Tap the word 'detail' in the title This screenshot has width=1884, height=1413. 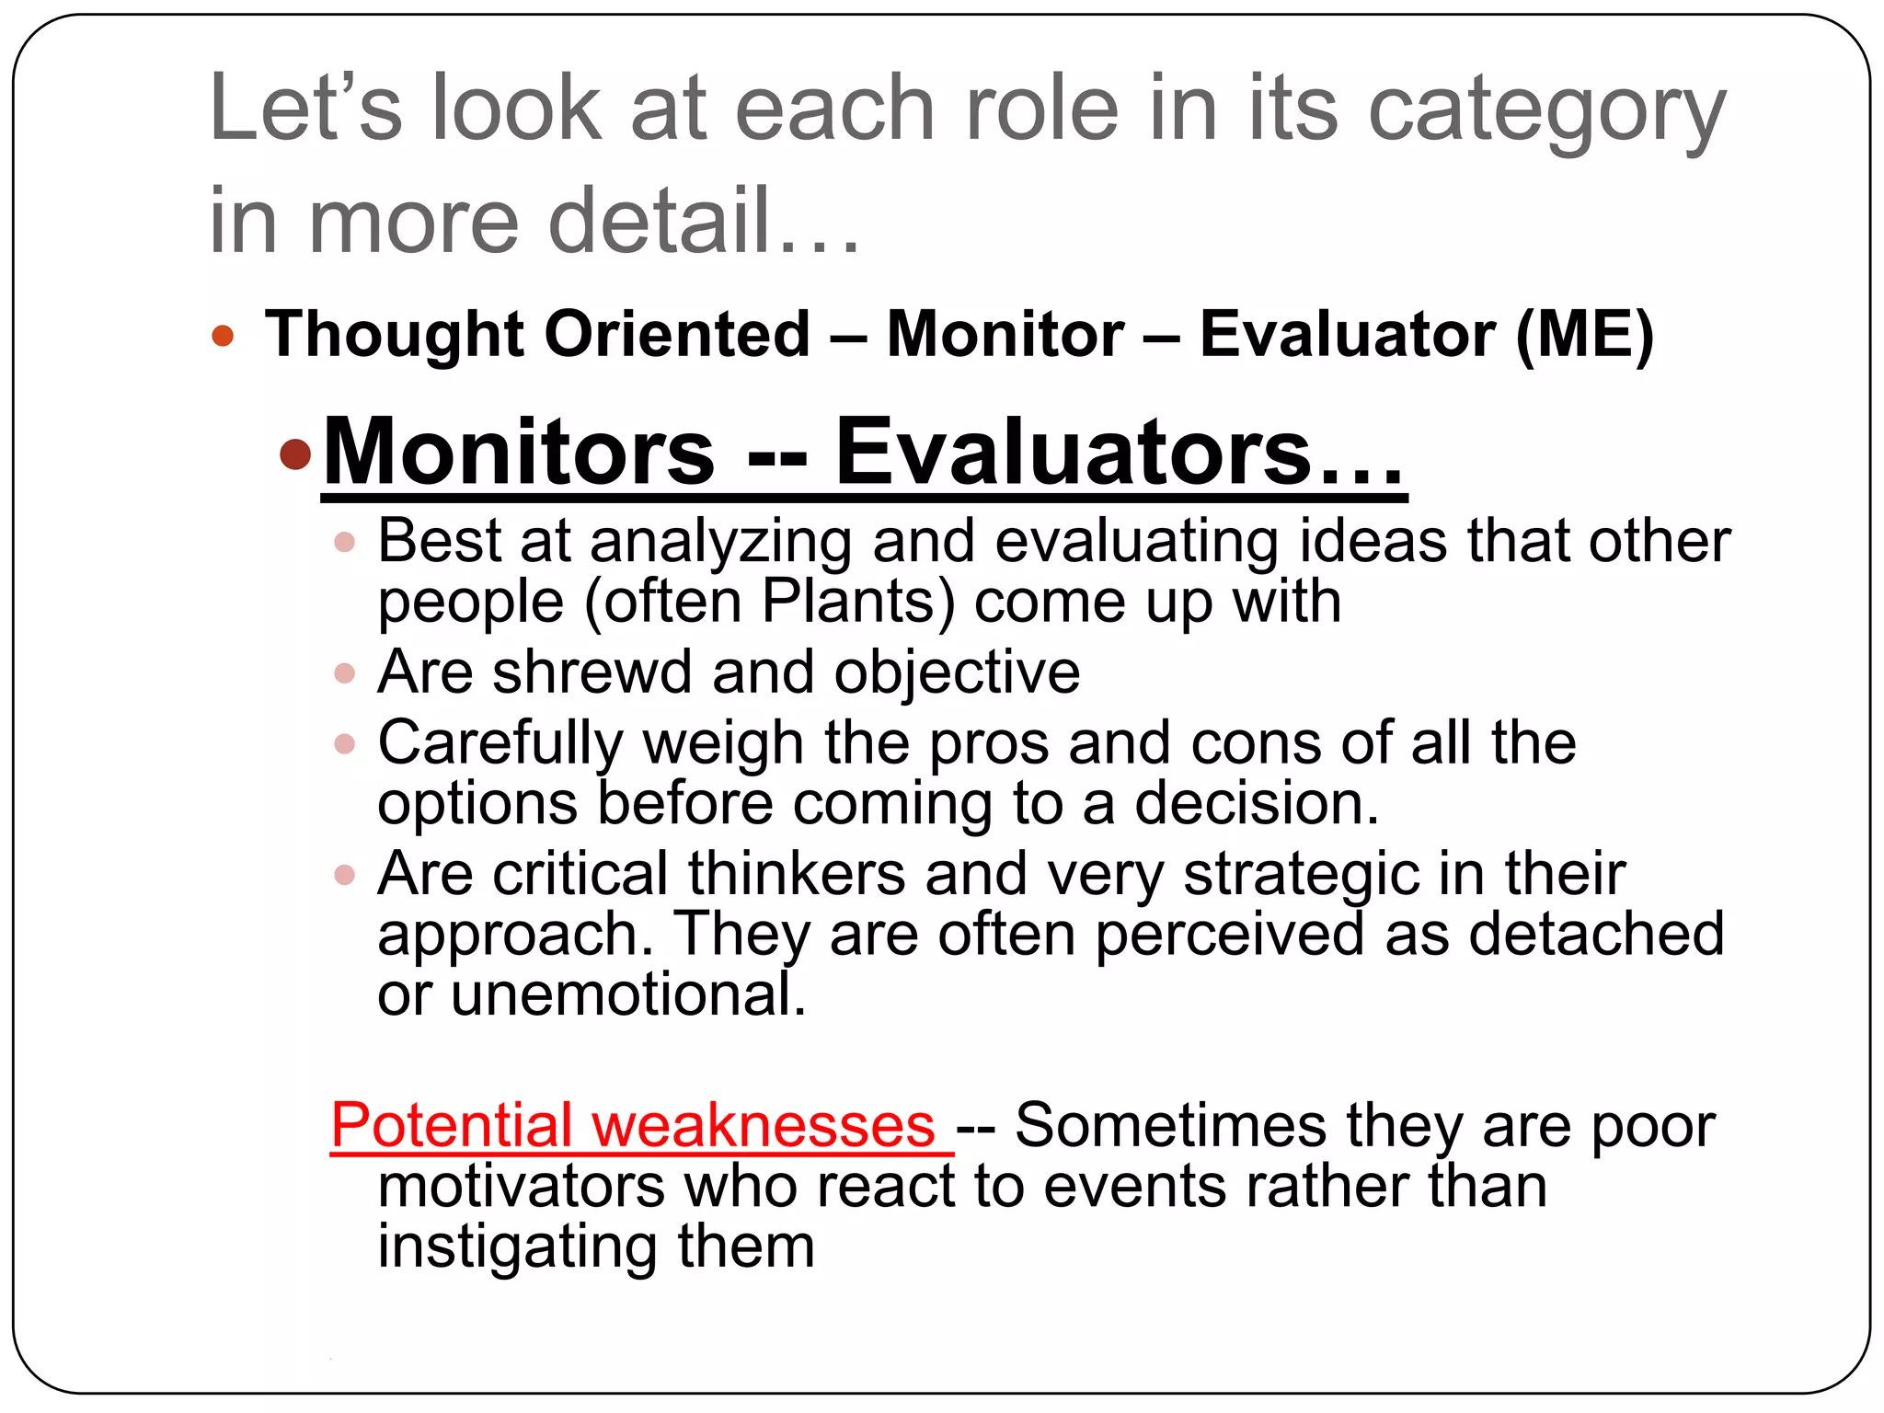click(659, 221)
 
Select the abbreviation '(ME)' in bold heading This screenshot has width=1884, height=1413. click(1584, 334)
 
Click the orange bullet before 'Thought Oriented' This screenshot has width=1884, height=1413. click(223, 335)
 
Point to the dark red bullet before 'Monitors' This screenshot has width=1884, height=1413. click(296, 454)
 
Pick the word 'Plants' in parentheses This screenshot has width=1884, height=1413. click(857, 603)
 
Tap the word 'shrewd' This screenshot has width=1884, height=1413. click(592, 672)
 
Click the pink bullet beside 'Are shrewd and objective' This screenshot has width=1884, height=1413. click(345, 673)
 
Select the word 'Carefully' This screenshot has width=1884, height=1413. click(500, 743)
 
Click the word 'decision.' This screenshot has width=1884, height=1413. click(1257, 803)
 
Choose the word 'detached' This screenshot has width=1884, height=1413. click(1595, 935)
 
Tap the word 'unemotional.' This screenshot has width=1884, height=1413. click(628, 994)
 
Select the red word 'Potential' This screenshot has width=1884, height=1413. click(452, 1125)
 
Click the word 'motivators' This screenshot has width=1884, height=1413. click(521, 1186)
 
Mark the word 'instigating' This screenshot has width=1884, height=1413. click(518, 1247)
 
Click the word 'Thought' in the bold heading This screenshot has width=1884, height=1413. click(394, 334)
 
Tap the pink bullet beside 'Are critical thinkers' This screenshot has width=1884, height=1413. click(345, 875)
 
